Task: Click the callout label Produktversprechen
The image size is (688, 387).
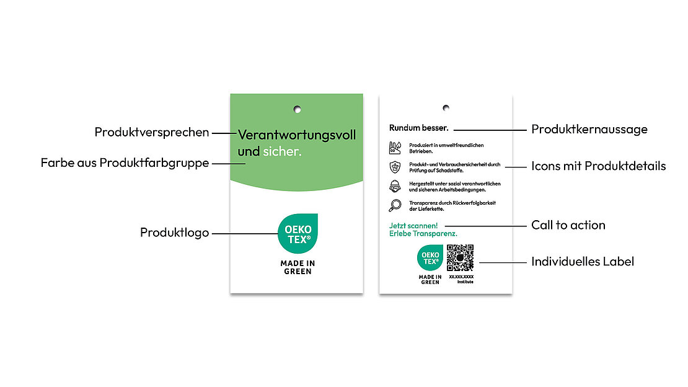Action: click(151, 132)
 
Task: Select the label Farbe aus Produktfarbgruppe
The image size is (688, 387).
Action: click(125, 163)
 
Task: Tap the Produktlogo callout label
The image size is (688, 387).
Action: click(174, 233)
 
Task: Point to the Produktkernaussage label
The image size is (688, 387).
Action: click(589, 130)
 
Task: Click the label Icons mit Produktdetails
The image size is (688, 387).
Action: click(598, 166)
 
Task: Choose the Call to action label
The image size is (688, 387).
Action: click(568, 225)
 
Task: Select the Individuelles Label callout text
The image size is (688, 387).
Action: click(582, 262)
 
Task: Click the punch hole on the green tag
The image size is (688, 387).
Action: click(297, 110)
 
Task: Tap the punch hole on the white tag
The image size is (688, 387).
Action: click(446, 109)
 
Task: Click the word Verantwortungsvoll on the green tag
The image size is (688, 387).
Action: click(297, 135)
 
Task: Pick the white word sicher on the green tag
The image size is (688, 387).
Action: click(282, 151)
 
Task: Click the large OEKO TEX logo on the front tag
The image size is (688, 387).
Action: click(297, 234)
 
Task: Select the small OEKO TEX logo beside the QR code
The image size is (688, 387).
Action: click(430, 258)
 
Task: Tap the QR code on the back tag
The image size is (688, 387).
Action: click(461, 258)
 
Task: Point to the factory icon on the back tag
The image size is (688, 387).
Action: click(395, 148)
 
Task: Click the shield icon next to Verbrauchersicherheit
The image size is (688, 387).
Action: click(395, 167)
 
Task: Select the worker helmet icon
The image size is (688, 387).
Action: click(395, 186)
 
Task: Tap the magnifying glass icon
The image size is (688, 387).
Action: click(395, 206)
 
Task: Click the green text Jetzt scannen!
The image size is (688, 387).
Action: click(413, 226)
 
